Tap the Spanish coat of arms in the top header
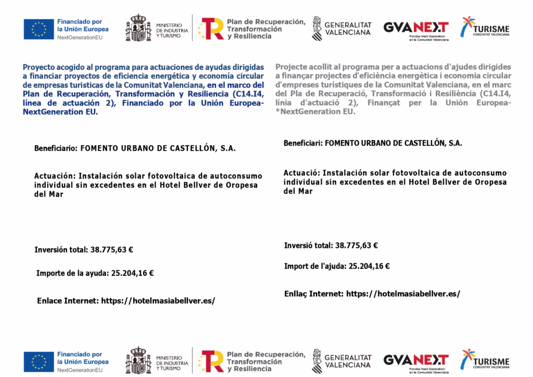pyautogui.click(x=138, y=29)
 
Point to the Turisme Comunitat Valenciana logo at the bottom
pyautogui.click(x=485, y=360)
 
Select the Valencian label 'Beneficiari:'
pyautogui.click(x=303, y=143)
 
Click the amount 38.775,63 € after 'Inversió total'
pyautogui.click(x=357, y=245)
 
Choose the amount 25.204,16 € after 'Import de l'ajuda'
pyautogui.click(x=369, y=266)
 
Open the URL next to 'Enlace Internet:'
pyautogui.click(x=158, y=300)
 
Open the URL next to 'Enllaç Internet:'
pyautogui.click(x=403, y=294)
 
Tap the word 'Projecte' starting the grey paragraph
pyautogui.click(x=292, y=67)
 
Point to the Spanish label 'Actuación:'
pyautogui.click(x=54, y=176)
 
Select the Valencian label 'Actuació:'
pyautogui.click(x=302, y=172)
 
